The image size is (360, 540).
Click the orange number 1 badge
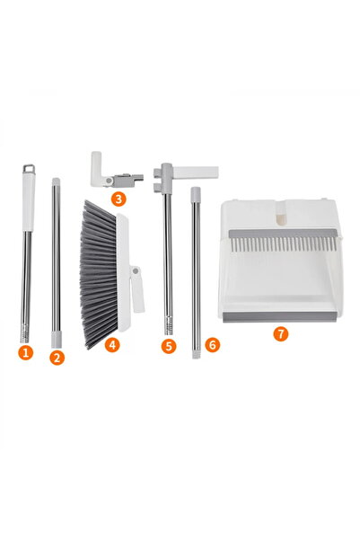point(25,352)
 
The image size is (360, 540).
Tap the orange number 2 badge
point(57,357)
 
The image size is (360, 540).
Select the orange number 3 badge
point(118,198)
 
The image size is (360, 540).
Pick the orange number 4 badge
point(112,343)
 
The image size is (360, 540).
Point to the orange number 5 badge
point(169,345)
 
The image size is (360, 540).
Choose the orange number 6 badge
point(212,343)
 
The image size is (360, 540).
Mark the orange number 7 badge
point(281,332)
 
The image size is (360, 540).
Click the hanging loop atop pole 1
point(29,168)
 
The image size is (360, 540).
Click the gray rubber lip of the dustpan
point(281,315)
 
